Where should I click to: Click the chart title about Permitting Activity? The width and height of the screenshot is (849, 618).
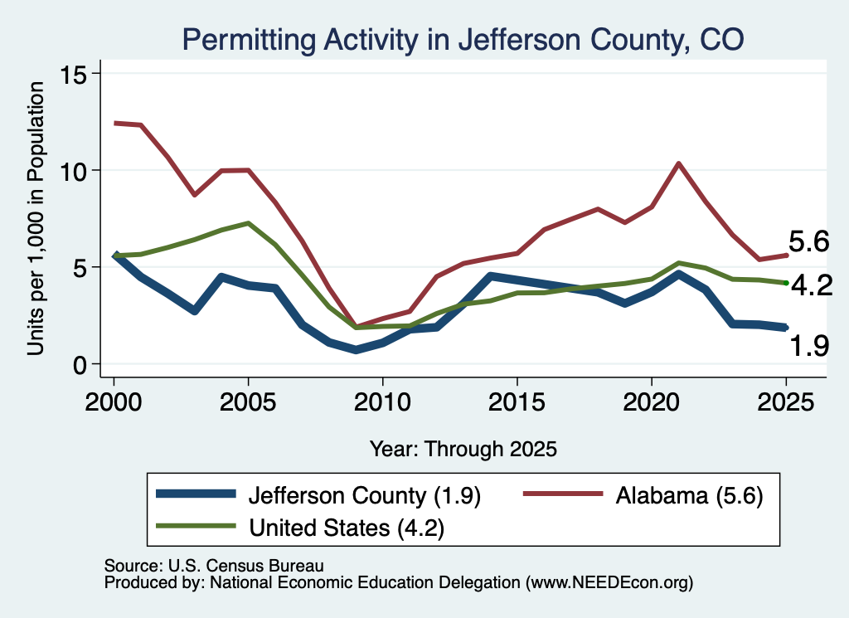coord(463,40)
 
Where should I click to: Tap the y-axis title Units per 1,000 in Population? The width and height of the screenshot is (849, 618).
coord(35,218)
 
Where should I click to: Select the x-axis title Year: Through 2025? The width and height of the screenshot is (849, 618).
coord(463,449)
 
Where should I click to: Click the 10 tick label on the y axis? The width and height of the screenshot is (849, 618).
coord(73,171)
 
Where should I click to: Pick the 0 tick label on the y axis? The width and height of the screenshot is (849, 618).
coord(80,365)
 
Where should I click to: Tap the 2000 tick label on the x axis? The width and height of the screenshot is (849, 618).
coord(114,401)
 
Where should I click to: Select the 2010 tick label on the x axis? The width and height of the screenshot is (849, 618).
coord(383,401)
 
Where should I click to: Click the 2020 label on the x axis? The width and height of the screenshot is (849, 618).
coord(652,401)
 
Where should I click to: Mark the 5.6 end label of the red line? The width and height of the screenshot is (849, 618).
coord(809,241)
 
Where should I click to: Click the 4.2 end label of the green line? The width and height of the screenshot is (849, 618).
coord(812,285)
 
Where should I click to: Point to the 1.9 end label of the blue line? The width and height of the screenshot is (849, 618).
coord(809,346)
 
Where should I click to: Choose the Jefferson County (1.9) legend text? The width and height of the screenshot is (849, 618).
coord(365,495)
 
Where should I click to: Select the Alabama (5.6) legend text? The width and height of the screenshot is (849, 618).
coord(689,495)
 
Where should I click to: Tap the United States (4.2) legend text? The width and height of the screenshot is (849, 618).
coord(347,528)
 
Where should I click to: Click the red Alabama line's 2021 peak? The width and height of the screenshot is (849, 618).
coord(678,163)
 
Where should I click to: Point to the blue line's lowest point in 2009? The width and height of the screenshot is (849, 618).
coord(356,350)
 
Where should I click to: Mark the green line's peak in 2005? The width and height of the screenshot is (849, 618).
coord(248,222)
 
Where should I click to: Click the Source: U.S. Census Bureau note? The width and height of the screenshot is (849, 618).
coord(214,566)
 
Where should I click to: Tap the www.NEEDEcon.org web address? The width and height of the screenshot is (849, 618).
coord(609,582)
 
